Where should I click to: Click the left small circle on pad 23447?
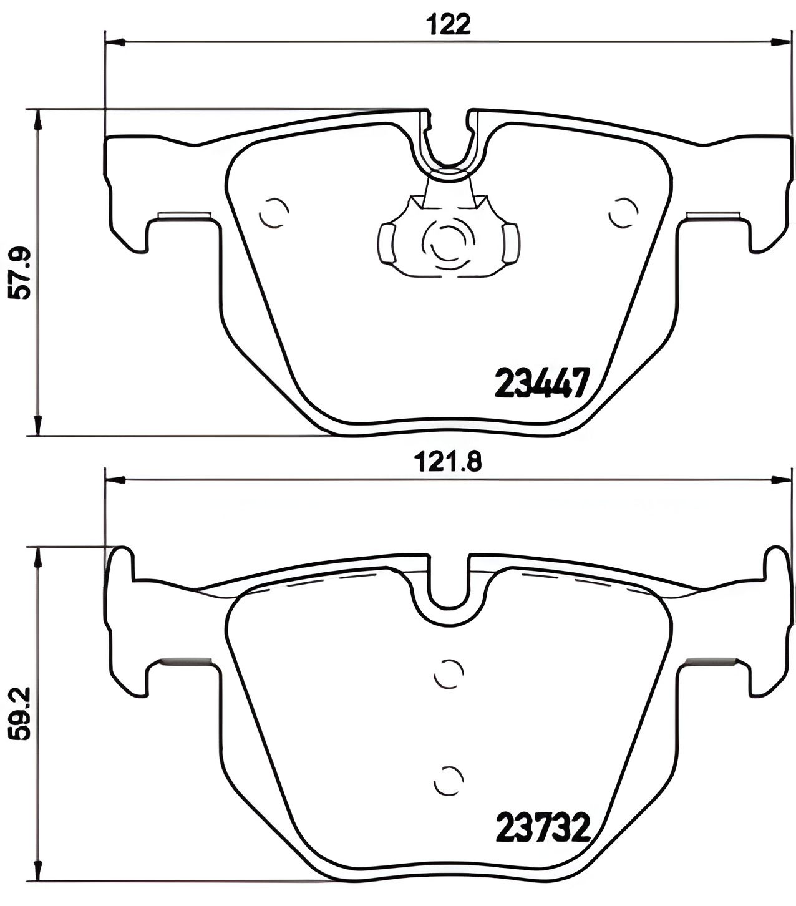(274, 212)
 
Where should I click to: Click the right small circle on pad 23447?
(623, 212)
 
